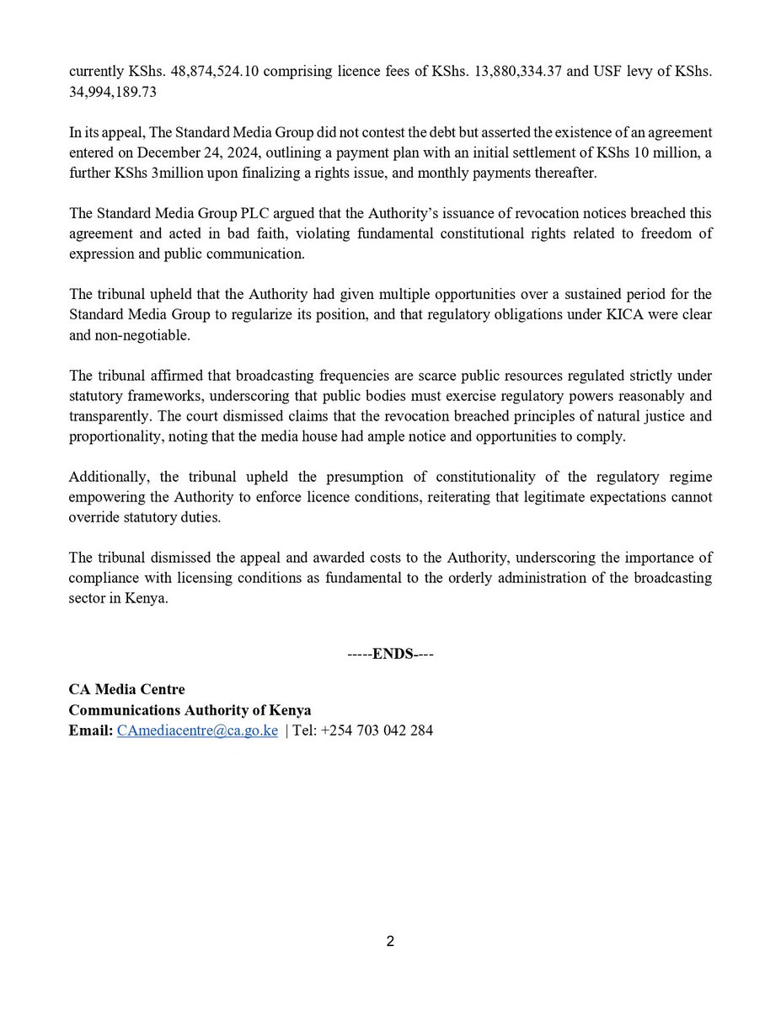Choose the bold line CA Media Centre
click(126, 690)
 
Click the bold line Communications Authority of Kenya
click(190, 710)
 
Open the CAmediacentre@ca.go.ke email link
click(197, 730)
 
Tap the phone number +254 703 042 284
click(377, 730)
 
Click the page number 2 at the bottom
click(390, 941)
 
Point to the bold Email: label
click(89, 730)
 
